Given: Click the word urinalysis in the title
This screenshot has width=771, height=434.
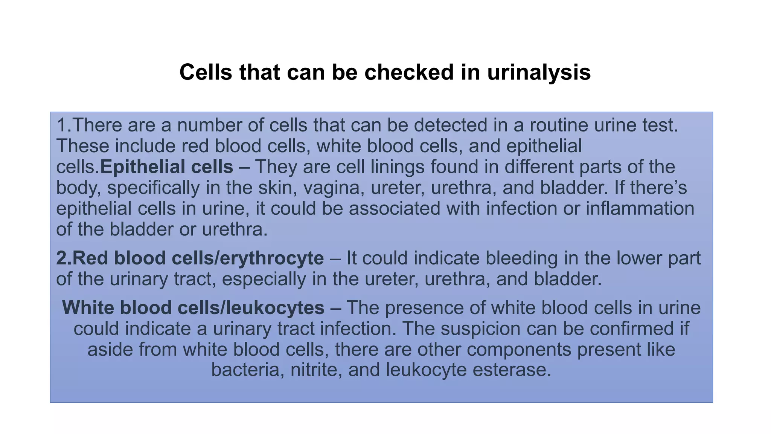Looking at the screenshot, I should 539,72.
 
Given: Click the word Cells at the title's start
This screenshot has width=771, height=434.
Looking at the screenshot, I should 206,72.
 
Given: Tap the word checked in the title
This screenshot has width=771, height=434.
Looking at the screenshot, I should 409,72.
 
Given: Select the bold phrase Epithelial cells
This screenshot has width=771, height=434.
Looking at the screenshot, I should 166,167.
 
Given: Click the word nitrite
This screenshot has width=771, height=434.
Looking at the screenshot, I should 316,370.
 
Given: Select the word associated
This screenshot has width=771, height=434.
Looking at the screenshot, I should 395,208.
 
